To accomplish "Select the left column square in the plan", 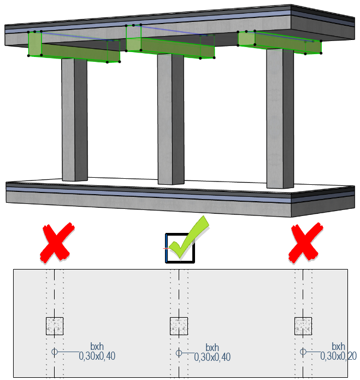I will (55, 326).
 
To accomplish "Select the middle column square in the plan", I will (179, 326).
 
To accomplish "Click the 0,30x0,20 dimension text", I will (338, 356).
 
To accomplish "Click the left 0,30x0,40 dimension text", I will (97, 356).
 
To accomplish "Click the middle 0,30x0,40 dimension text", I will (212, 357).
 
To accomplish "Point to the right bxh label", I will (338, 347).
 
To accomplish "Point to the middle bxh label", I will (213, 348).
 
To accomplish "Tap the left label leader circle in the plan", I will (54, 351).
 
